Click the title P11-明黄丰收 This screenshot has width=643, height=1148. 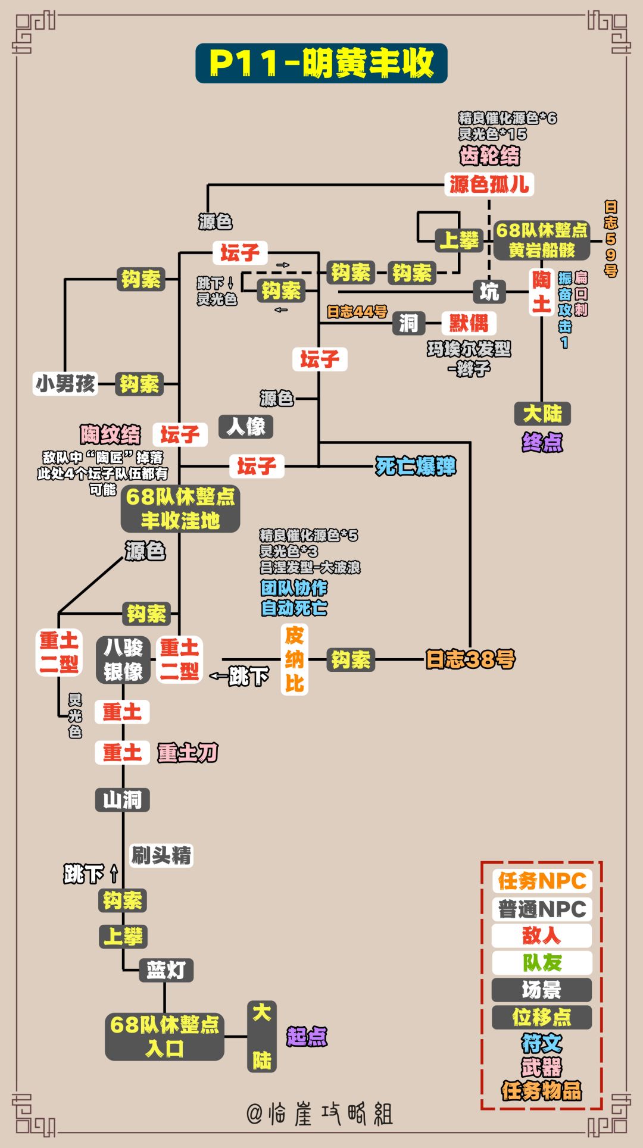[321, 63]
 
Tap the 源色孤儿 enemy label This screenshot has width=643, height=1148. [489, 184]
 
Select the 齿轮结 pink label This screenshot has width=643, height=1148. [489, 156]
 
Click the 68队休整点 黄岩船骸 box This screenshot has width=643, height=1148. [541, 240]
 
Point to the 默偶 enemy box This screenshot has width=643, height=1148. [469, 323]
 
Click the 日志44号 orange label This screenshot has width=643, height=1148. [357, 312]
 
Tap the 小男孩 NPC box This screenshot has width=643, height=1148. [65, 384]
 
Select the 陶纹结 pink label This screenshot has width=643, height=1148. [111, 434]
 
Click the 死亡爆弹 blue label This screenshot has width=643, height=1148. [416, 466]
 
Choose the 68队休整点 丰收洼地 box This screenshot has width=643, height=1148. [180, 508]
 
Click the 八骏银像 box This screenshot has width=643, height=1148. [123, 659]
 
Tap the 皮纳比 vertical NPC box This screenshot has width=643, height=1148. [294, 659]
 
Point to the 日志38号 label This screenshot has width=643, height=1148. [470, 659]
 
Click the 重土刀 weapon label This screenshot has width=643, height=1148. [188, 753]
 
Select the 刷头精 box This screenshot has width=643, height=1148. [161, 856]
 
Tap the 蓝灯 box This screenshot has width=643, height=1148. [166, 970]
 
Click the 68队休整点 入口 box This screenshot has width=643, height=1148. [164, 1036]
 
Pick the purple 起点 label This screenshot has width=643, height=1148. [307, 1036]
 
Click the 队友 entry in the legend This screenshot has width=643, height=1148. [541, 962]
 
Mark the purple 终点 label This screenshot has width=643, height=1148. [542, 442]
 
